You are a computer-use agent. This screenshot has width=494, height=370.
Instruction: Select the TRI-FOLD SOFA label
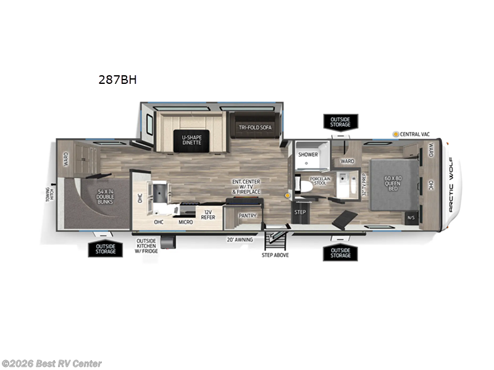coord(256,128)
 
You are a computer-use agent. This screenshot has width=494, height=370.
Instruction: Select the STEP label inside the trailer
coord(300,212)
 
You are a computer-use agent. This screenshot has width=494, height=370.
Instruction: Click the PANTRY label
coord(247,215)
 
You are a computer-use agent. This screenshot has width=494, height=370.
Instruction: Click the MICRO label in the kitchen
coord(185,221)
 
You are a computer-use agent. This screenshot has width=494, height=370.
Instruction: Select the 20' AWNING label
coord(239,239)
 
